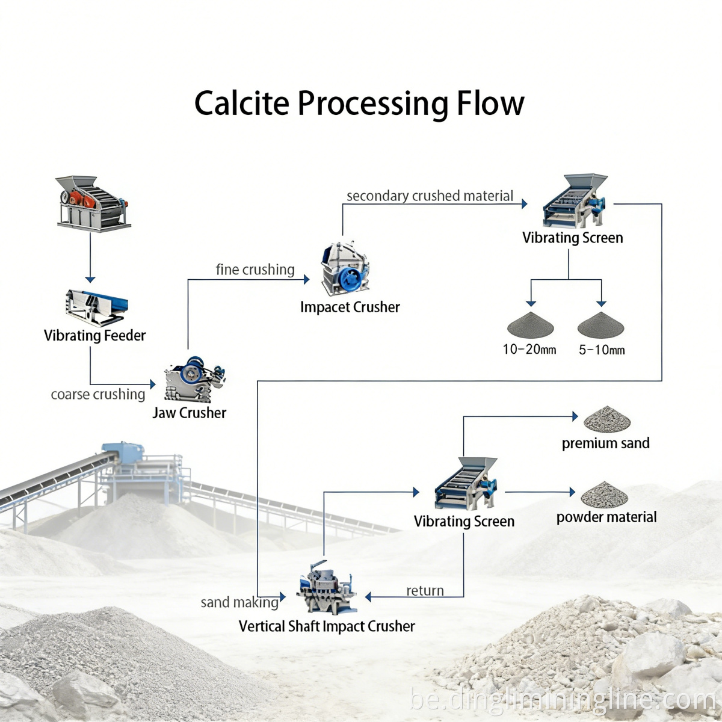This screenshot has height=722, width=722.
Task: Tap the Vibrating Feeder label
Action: [94, 335]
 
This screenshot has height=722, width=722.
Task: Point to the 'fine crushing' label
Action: [255, 270]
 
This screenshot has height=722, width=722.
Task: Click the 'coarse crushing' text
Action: [98, 394]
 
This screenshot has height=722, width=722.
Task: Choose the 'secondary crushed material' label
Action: [430, 196]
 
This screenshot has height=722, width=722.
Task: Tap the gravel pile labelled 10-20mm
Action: [529, 324]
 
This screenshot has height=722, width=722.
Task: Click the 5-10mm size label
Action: [602, 350]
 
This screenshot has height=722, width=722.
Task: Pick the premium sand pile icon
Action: [606, 418]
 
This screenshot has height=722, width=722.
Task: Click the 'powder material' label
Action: [606, 517]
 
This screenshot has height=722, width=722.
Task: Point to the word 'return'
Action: [425, 591]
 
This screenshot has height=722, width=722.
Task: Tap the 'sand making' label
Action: [239, 602]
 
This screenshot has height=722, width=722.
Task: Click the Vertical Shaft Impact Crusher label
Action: [327, 626]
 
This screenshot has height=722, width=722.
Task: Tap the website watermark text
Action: [563, 700]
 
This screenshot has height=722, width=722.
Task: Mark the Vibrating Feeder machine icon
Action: [96, 306]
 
